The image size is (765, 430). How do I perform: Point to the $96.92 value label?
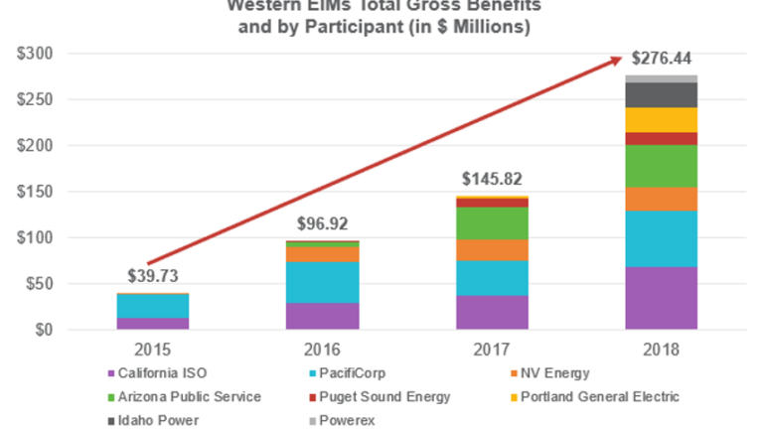click(x=323, y=223)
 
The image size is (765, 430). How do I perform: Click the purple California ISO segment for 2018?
click(x=661, y=298)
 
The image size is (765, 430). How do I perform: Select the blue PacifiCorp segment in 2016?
click(x=323, y=282)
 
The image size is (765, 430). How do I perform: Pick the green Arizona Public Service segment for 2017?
click(x=493, y=223)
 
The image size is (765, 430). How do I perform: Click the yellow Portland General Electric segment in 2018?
click(x=661, y=119)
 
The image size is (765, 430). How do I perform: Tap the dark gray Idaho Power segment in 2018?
click(x=661, y=94)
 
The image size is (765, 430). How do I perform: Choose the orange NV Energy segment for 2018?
click(x=661, y=199)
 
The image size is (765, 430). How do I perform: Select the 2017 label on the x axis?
click(x=493, y=351)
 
